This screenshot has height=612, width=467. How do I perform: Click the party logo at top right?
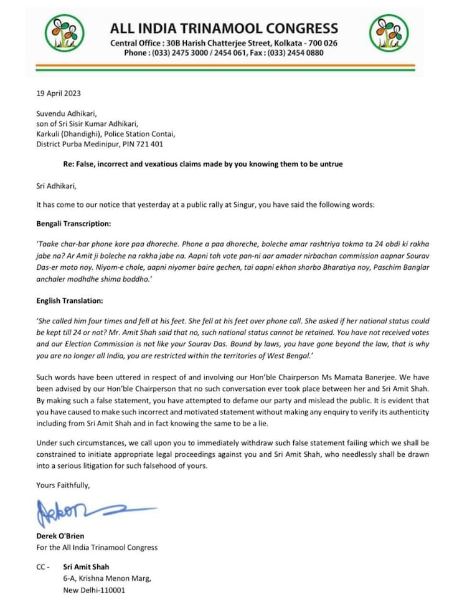(x=390, y=33)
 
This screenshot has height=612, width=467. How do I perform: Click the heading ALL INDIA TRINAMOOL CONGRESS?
(x=224, y=28)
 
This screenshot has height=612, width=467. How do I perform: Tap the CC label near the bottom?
(x=43, y=567)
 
